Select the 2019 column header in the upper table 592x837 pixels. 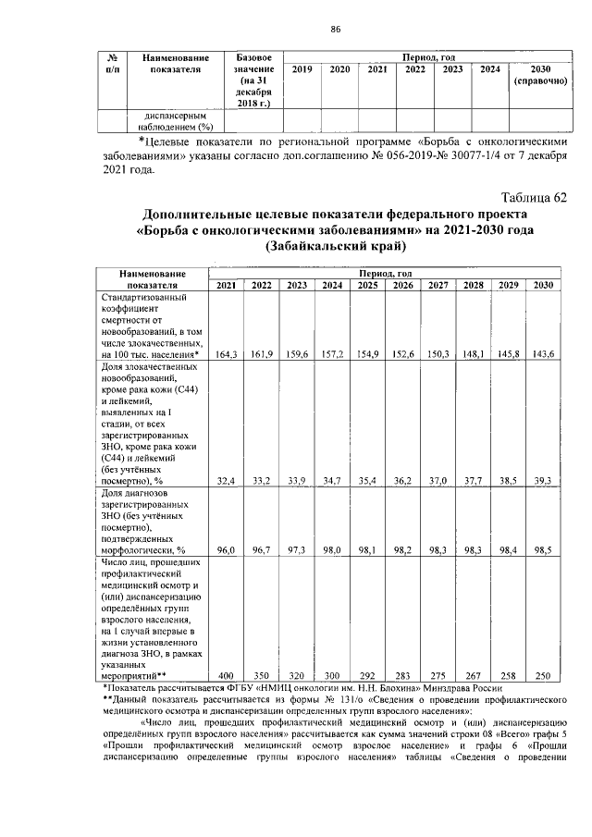(x=302, y=69)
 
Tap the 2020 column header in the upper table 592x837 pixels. (x=339, y=69)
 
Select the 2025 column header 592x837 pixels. (x=367, y=285)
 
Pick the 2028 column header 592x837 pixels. (x=473, y=285)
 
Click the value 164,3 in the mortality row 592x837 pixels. (x=227, y=354)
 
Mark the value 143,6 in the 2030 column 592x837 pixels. (x=543, y=354)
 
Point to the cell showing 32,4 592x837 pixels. (x=227, y=481)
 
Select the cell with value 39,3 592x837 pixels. (x=543, y=481)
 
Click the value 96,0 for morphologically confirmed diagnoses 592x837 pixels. (x=227, y=549)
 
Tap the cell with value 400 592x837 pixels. (x=227, y=676)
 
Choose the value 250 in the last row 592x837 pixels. (x=543, y=676)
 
